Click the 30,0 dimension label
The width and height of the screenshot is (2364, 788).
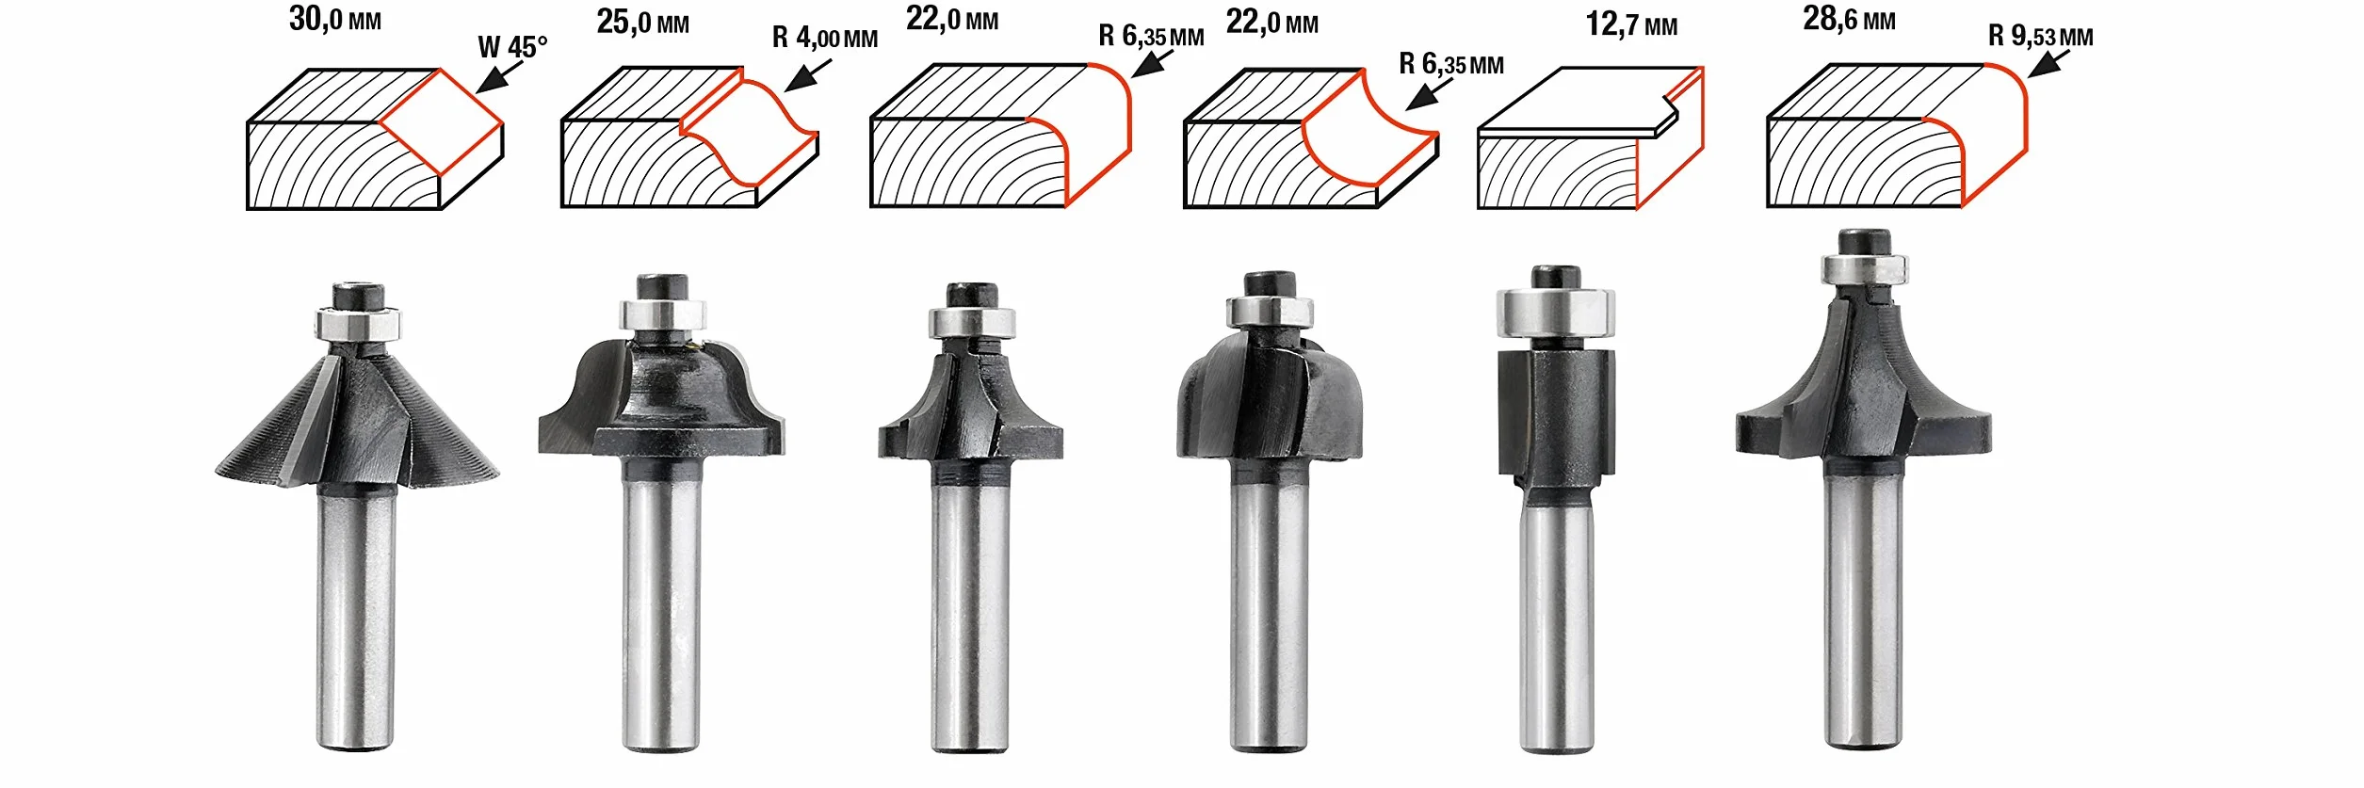334,19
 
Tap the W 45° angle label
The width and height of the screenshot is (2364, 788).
512,47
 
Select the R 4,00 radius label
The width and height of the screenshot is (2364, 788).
825,38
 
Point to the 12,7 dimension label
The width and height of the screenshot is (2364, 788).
1631,24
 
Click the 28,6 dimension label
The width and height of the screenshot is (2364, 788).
1849,19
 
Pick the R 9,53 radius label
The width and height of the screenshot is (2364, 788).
2041,36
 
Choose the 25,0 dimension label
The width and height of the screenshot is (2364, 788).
642,22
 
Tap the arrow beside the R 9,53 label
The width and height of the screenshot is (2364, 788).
2049,63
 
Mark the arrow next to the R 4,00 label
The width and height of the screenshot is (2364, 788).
808,75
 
